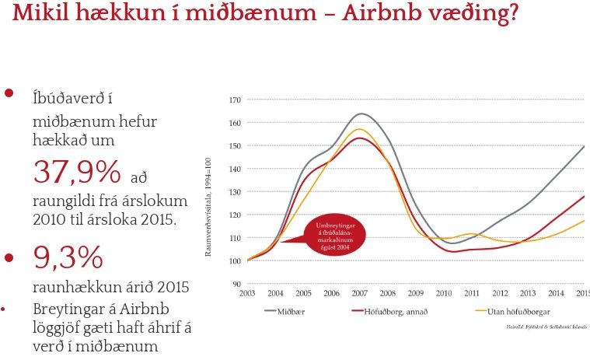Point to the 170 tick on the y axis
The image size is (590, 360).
pyautogui.click(x=235, y=100)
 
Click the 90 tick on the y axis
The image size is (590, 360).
pyautogui.click(x=236, y=284)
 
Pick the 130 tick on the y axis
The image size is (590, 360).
pyautogui.click(x=235, y=192)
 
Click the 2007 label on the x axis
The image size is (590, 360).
pyautogui.click(x=359, y=294)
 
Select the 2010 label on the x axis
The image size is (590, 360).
pyautogui.click(x=443, y=294)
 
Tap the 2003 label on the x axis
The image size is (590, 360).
pyautogui.click(x=247, y=294)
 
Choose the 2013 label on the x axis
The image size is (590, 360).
pyautogui.click(x=527, y=294)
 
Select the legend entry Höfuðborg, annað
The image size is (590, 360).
pyautogui.click(x=393, y=311)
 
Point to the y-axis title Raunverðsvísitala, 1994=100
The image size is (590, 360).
pyautogui.click(x=208, y=192)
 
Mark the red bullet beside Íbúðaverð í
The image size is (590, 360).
pyautogui.click(x=10, y=93)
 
